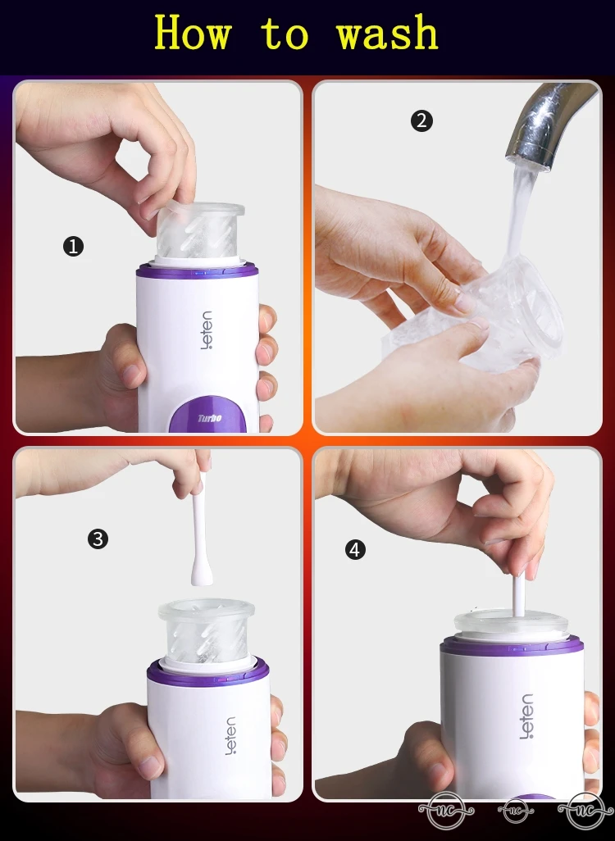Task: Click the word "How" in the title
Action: click(x=193, y=33)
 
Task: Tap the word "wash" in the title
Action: click(x=388, y=33)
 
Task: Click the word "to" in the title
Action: click(x=285, y=34)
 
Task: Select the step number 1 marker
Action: click(x=74, y=246)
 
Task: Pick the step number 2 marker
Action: click(x=421, y=120)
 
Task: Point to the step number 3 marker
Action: click(x=98, y=539)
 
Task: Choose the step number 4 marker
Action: click(x=355, y=550)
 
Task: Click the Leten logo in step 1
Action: click(x=207, y=330)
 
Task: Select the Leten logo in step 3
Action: click(x=230, y=736)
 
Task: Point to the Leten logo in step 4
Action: click(x=526, y=716)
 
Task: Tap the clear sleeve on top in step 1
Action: click(x=200, y=230)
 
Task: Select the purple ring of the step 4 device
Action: click(x=512, y=645)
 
